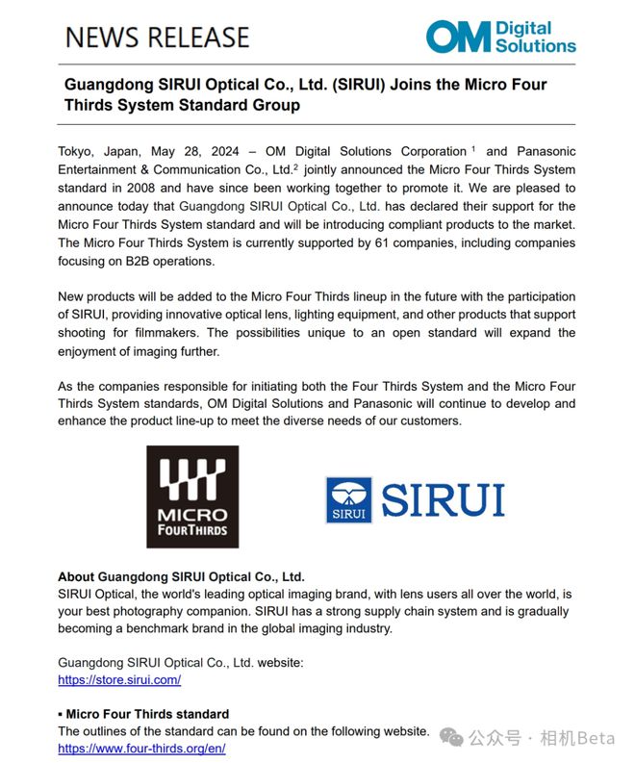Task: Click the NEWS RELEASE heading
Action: [157, 38]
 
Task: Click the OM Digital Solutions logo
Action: [500, 37]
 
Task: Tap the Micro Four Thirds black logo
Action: [192, 496]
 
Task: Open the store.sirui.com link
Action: [119, 680]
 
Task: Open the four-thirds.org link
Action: [141, 748]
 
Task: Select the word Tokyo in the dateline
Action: [76, 151]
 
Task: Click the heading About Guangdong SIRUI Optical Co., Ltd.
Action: [181, 576]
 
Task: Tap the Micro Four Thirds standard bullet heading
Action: [146, 714]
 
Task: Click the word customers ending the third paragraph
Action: [430, 421]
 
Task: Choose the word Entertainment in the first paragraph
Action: [101, 169]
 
